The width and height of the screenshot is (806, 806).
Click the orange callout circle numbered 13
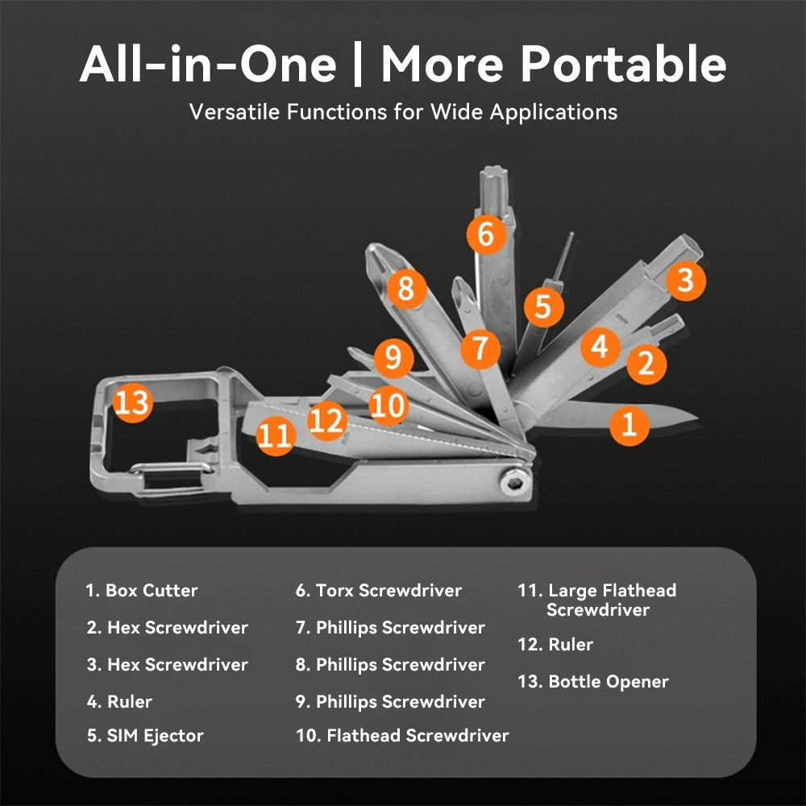tap(132, 401)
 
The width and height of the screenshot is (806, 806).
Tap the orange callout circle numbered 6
tap(485, 234)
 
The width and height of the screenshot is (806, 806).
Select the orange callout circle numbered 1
tap(629, 423)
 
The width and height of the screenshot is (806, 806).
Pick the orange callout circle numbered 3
tap(684, 280)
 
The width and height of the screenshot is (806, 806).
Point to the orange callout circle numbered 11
tap(275, 436)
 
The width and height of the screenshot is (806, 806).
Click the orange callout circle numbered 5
tap(542, 306)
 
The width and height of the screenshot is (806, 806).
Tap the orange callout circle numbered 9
tap(393, 357)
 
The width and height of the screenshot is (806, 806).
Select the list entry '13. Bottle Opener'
tap(593, 682)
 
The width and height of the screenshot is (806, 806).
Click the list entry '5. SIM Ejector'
tap(145, 735)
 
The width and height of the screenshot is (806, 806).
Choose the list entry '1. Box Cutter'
tap(142, 590)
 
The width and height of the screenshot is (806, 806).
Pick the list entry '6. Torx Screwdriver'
tap(379, 590)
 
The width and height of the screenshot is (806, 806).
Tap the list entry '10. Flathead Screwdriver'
tap(402, 735)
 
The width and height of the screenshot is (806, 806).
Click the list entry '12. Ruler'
tap(555, 645)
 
